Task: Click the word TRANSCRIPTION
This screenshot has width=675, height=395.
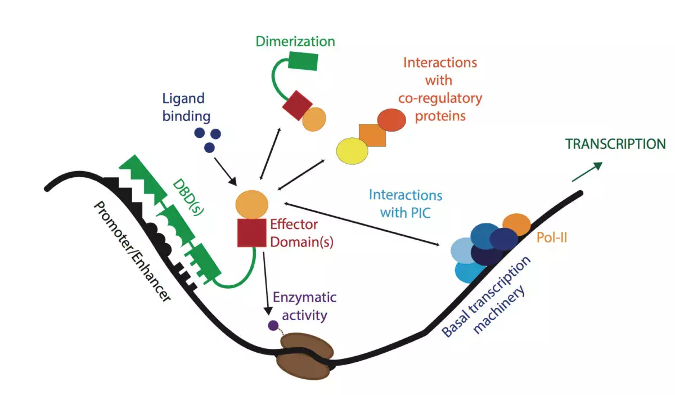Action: (615, 144)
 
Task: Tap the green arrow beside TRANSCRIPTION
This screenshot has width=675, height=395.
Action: (587, 172)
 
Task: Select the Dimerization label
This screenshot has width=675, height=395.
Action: (295, 42)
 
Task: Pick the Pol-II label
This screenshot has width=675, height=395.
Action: (551, 238)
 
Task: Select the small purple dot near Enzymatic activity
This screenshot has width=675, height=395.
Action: (273, 325)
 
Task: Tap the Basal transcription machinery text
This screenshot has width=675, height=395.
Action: (487, 297)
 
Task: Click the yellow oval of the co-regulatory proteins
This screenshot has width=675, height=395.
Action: (352, 151)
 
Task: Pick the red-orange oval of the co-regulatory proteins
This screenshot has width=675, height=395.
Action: (391, 119)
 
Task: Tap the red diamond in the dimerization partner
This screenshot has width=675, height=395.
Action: (297, 106)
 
